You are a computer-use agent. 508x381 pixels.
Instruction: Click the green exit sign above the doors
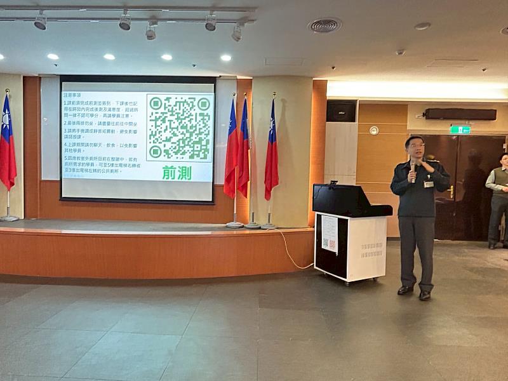pos(460,130)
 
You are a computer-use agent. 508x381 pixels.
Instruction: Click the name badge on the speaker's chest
pos(429,184)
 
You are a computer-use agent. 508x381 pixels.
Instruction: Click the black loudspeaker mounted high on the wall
pos(341,112)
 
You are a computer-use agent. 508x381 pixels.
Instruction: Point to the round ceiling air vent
pos(324,25)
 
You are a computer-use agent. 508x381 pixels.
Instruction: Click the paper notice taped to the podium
pos(330,234)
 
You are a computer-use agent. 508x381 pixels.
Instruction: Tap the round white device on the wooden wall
pos(374,130)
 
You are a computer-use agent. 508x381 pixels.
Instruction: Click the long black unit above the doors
pos(460,114)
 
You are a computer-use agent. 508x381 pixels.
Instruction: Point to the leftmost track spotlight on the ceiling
pos(40,22)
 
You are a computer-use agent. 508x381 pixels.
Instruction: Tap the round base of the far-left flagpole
pos(9,218)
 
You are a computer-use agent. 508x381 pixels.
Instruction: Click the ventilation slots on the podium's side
pos(371,250)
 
